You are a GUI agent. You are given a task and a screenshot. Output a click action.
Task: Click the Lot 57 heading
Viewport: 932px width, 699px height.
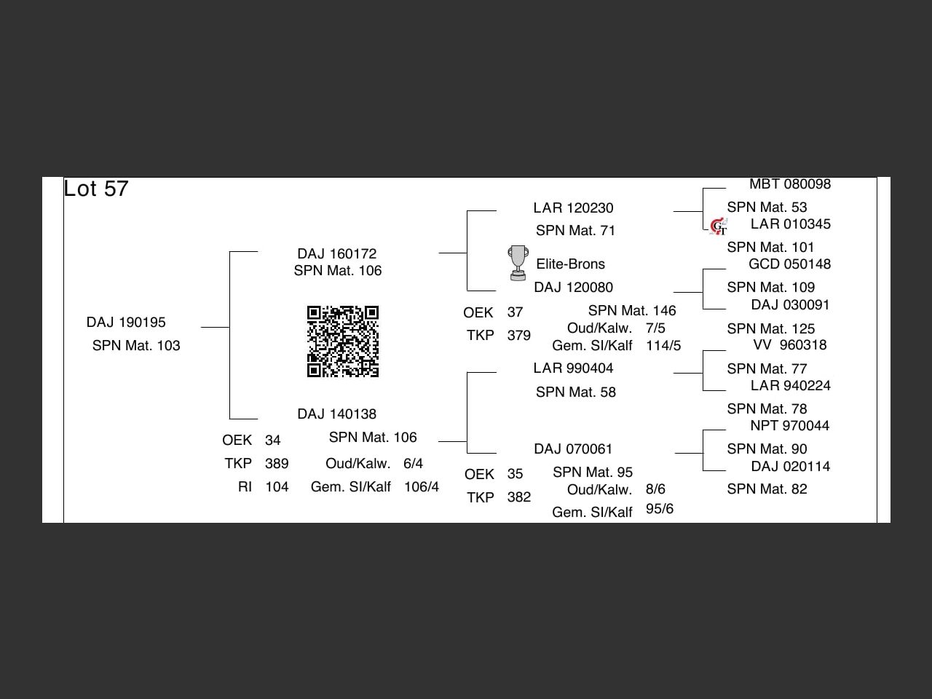(x=96, y=189)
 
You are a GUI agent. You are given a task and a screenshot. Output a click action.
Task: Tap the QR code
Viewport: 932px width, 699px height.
(x=343, y=341)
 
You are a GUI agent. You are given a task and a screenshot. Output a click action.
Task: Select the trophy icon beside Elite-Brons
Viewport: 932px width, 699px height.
(x=518, y=263)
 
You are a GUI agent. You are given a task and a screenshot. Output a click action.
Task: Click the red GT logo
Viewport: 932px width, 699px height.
(x=719, y=226)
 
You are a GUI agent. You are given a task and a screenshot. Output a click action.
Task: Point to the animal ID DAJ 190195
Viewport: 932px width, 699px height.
(x=126, y=322)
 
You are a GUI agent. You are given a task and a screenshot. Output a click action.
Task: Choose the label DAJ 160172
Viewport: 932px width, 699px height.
(x=336, y=253)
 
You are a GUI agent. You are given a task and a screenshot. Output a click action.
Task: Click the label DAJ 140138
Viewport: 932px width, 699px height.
(x=336, y=414)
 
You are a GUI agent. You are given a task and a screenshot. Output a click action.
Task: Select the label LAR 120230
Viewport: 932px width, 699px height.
(x=573, y=208)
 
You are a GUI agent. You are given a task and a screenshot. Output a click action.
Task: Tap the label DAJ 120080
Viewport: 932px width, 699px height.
(x=573, y=287)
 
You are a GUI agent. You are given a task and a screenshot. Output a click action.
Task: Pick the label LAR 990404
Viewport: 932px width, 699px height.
(x=573, y=368)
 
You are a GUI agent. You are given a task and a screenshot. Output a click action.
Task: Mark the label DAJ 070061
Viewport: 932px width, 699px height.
(x=573, y=449)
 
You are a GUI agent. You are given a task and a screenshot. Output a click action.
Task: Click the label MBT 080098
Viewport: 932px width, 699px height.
(x=790, y=184)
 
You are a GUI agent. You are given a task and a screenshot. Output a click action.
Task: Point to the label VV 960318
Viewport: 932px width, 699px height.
(x=790, y=344)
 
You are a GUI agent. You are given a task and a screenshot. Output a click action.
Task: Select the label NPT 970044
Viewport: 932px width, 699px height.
(x=790, y=425)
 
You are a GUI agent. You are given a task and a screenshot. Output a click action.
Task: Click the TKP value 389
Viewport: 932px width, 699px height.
(x=277, y=463)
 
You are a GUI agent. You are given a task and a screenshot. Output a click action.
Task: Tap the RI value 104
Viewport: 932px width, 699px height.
(x=277, y=486)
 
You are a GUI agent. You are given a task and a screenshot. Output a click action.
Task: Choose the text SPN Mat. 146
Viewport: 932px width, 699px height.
(x=632, y=311)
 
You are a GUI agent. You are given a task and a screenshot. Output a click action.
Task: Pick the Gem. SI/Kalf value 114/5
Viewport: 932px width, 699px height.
(x=663, y=345)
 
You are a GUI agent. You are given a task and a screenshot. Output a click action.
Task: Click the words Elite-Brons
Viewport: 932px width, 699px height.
(x=570, y=264)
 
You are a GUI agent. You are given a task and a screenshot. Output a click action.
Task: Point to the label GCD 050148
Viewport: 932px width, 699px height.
(x=790, y=264)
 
